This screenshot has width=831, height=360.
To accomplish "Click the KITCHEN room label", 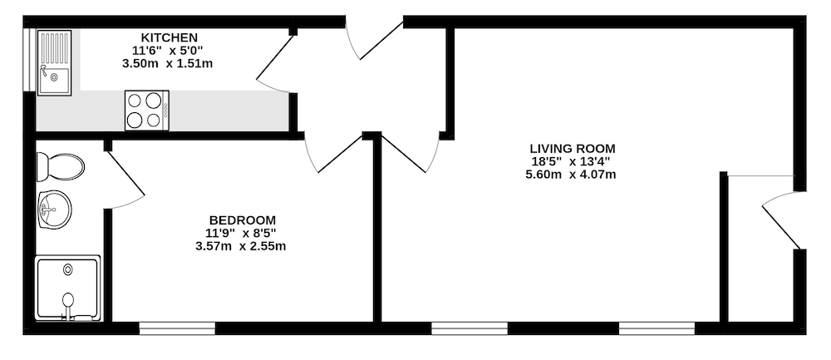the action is (169, 37).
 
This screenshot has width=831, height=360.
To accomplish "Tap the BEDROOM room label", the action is (242, 220).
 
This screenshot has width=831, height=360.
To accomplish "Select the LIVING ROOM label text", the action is (573, 149).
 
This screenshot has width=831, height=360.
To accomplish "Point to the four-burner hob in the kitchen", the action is (147, 111).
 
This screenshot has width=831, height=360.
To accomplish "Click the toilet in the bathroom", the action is (60, 166).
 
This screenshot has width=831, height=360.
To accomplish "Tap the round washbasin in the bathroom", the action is (54, 210).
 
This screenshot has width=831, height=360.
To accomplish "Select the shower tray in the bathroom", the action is (68, 288).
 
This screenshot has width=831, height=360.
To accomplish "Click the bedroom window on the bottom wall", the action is (177, 328).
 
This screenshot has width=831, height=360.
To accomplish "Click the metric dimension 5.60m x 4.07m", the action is (571, 175).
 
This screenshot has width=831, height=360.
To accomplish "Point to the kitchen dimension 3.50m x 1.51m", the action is (168, 64).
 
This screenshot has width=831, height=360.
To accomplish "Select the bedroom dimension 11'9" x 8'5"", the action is (241, 233).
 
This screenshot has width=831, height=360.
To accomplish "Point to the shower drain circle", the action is (68, 269).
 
